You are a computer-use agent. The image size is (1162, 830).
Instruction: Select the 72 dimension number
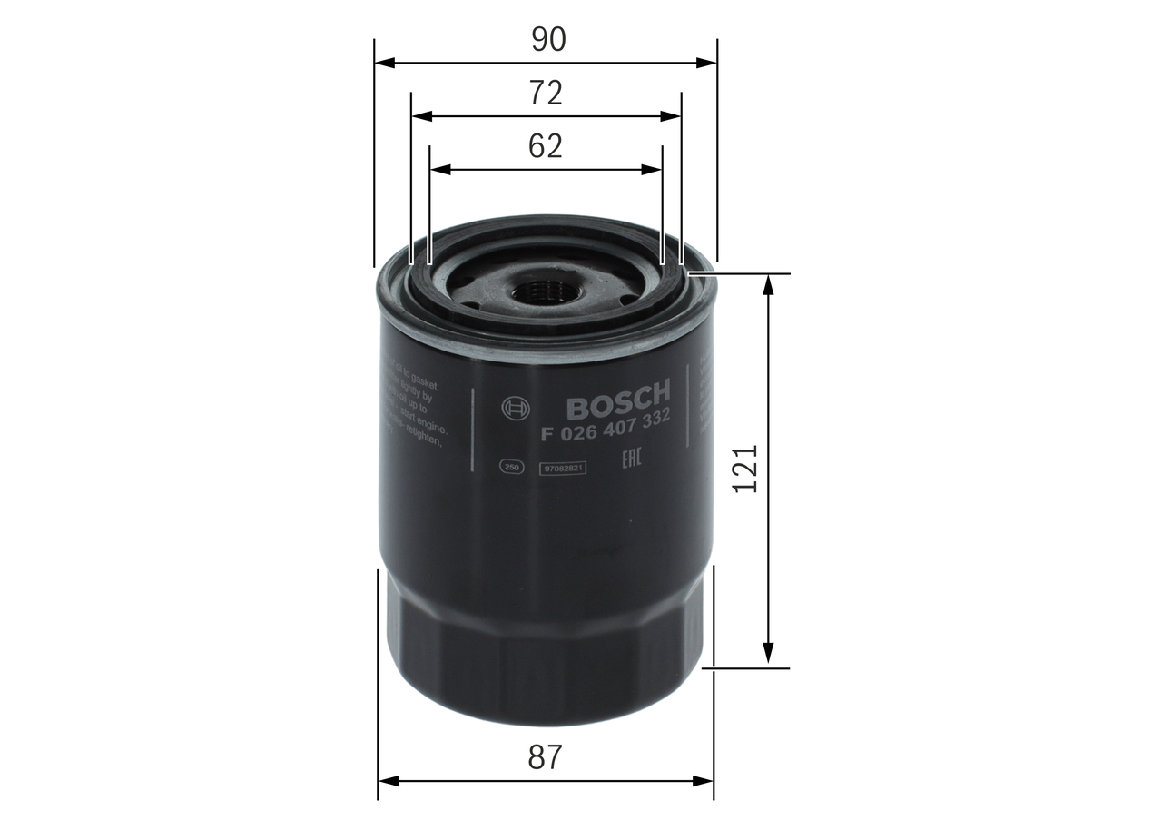[x=546, y=93]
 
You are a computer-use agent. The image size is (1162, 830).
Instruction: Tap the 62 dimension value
[x=546, y=146]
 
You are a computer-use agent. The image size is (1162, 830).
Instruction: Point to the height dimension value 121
[x=744, y=469]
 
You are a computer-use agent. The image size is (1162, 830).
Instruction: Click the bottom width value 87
[x=546, y=756]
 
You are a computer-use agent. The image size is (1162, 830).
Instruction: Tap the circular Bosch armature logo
[x=514, y=409]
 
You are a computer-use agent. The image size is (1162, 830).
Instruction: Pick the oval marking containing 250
[x=511, y=467]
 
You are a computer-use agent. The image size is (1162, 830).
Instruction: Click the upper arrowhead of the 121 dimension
[x=769, y=284]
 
